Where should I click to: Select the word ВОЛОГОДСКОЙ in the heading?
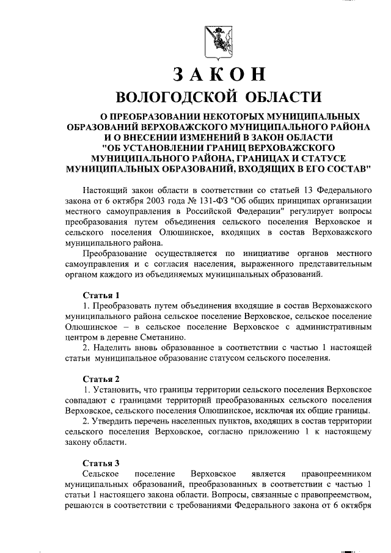click(178, 98)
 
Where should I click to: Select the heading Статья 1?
click(101, 295)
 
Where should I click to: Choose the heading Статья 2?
click(101, 378)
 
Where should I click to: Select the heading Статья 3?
click(101, 462)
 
